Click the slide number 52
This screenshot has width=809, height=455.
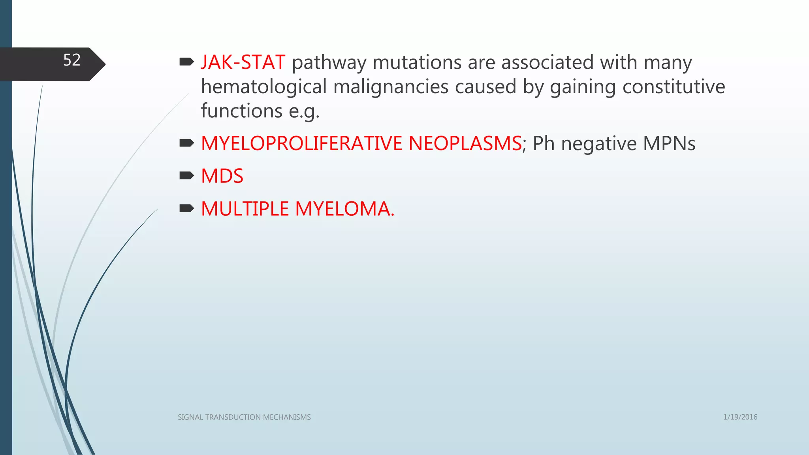pos(72,60)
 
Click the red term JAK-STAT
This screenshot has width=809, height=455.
pos(243,62)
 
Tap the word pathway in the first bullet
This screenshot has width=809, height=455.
pos(329,63)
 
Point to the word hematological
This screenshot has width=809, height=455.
pos(264,87)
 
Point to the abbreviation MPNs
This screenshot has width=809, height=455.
pos(669,143)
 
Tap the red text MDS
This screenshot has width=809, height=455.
pos(222,176)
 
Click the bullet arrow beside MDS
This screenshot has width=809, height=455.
pos(186,175)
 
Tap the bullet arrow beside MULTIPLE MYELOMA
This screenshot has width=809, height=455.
pos(186,208)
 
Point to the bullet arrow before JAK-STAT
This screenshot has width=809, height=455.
pos(186,62)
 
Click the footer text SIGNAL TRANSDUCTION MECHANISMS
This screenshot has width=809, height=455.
pos(244,417)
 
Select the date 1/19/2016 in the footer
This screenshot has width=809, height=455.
pos(740,417)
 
